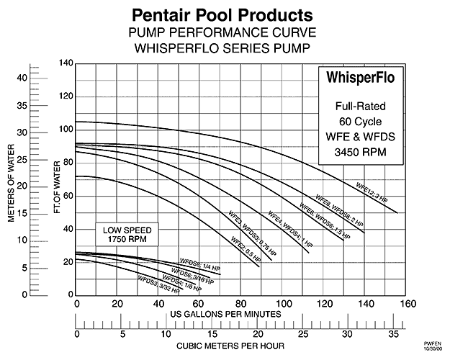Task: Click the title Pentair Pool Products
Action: point(225,14)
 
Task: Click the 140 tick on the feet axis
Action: point(66,63)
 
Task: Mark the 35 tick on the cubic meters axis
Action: point(395,333)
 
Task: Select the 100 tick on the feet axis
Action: point(66,130)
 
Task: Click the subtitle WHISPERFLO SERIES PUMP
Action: point(225,49)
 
